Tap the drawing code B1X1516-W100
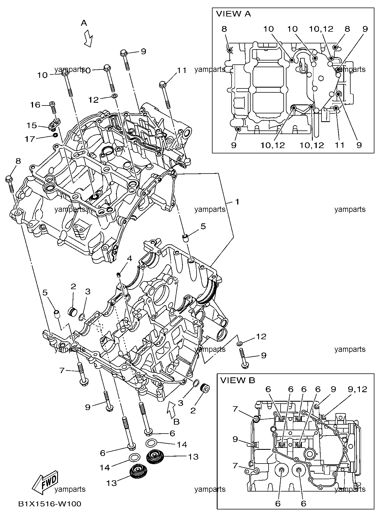point(50,504)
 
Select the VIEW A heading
point(233,14)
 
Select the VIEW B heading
point(237,380)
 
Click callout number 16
point(36,105)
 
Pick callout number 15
point(32,125)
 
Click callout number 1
point(237,202)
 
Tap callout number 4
point(129,258)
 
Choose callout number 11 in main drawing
point(181,71)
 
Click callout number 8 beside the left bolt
point(18,161)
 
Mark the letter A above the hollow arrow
point(84,23)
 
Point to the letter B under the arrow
point(176,421)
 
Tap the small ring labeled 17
point(55,136)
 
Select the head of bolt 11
point(163,83)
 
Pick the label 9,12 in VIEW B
point(357,389)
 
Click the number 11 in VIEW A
point(339,145)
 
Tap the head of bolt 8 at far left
point(9,178)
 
